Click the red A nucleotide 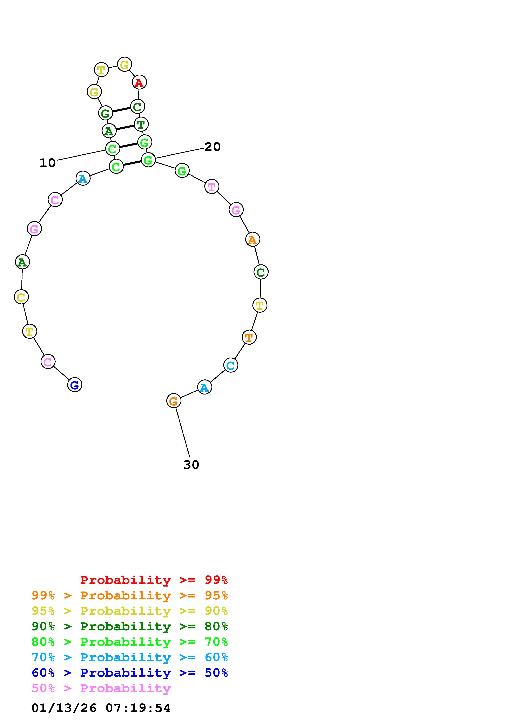139,82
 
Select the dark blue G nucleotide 75,385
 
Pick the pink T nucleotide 211,187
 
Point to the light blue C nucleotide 231,365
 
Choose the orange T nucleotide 249,337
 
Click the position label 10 48,163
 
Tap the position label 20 213,147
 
